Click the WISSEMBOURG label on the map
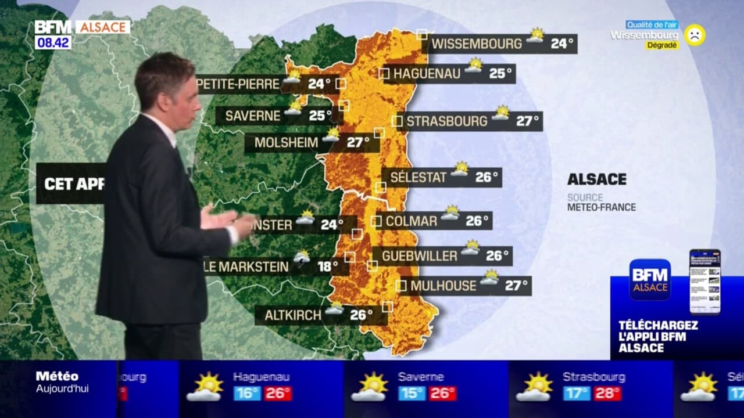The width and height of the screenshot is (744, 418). [477, 44]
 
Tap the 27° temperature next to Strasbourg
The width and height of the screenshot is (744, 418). [528, 121]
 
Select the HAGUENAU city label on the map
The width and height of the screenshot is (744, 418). [427, 74]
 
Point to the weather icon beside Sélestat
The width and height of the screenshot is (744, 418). [460, 169]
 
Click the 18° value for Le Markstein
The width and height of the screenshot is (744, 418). [327, 266]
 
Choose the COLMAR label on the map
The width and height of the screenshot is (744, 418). [412, 221]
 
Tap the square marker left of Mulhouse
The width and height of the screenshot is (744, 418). [401, 286]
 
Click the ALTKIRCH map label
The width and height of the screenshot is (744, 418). [293, 315]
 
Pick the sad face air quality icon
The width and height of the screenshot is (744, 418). [694, 35]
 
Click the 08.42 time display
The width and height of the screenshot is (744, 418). [52, 42]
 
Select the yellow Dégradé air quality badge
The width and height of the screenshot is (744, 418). [662, 45]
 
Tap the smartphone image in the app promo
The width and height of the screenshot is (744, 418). [704, 282]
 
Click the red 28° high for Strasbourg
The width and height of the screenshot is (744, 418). [607, 394]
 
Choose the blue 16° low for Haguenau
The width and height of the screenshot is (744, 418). [247, 394]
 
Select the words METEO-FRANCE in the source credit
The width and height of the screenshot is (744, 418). [602, 207]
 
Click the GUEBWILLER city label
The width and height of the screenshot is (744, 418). [419, 256]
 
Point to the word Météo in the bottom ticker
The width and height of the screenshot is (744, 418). [57, 376]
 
